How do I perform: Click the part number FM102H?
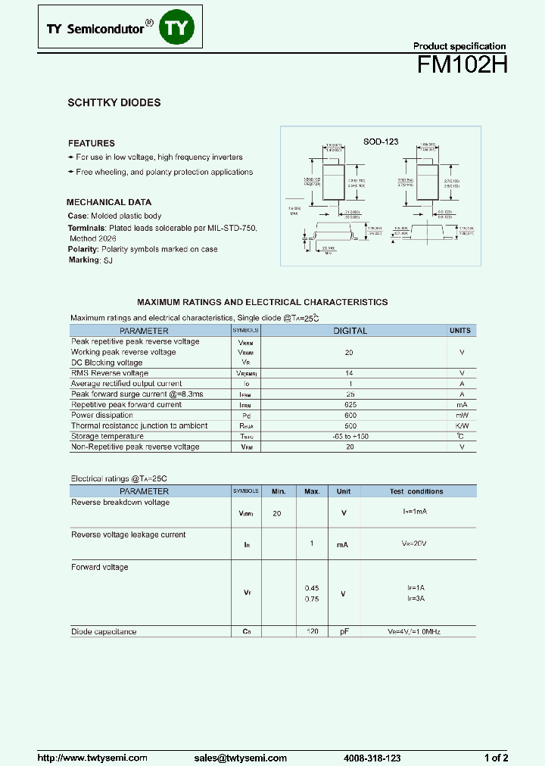[x=462, y=66]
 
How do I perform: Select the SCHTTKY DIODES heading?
[x=114, y=102]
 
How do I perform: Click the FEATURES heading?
[x=92, y=143]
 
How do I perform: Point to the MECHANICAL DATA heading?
[x=109, y=202]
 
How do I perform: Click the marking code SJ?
[x=107, y=260]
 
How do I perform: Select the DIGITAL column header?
[x=350, y=331]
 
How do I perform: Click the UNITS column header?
[x=459, y=331]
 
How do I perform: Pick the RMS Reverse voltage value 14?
[x=349, y=373]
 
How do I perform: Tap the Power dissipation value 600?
[x=349, y=416]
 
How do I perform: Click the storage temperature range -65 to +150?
[x=349, y=436]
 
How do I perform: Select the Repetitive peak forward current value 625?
[x=349, y=405]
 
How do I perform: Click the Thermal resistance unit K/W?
[x=461, y=426]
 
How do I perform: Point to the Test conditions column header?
[x=416, y=491]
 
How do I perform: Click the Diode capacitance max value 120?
[x=311, y=631]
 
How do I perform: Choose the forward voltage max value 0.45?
[x=311, y=588]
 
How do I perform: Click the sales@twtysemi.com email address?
[x=240, y=758]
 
